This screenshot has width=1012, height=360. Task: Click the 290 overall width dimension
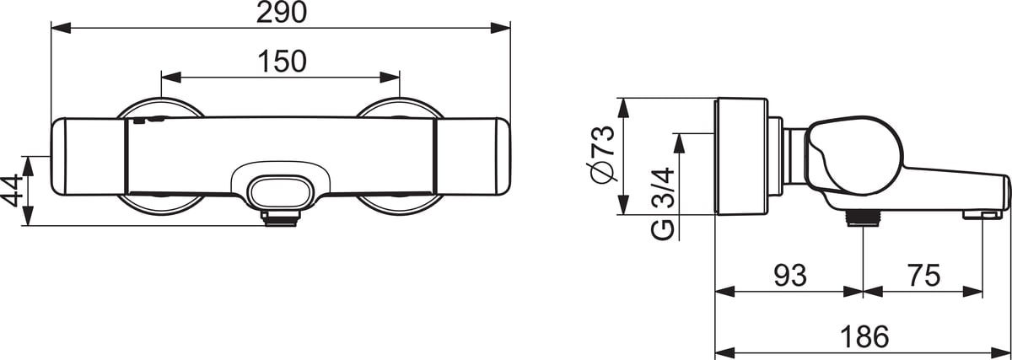click(x=280, y=13)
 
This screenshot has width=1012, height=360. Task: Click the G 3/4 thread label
click(x=664, y=202)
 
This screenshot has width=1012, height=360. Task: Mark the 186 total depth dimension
click(x=864, y=336)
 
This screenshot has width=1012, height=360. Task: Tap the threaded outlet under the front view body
click(x=279, y=218)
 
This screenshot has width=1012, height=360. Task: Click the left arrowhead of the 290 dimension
click(x=57, y=29)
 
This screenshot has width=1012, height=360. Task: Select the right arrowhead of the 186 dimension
click(x=1006, y=352)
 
